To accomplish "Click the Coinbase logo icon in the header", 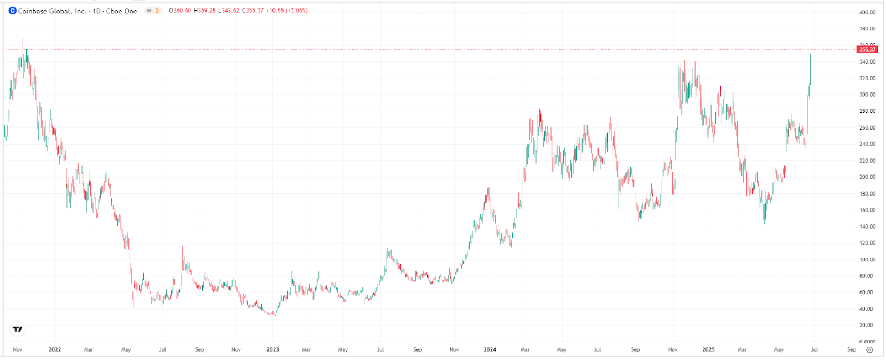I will coord(12,11).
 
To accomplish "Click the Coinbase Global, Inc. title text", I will coord(52,11).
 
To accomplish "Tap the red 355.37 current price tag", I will coord(867,49).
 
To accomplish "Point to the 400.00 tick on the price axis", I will coord(867,12).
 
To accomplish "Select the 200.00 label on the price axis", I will coord(867,177).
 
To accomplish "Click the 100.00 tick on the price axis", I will coord(867,260).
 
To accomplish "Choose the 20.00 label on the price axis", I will coord(867,326).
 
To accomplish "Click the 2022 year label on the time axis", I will coord(55,350).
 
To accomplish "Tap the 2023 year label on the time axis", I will coord(272,350).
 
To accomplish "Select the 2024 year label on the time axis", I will coord(490,350).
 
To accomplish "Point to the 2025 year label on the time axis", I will coord(708,350).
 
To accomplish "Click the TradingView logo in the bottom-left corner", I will coord(18,329).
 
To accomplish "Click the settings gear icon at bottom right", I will coord(869,350).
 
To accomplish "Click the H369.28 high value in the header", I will coord(204,11).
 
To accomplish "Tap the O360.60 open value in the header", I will coord(180,11).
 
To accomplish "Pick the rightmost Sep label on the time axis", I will coord(852,350).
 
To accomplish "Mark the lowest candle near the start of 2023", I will coord(271,313).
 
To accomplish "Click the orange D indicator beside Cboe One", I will coord(157,11).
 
